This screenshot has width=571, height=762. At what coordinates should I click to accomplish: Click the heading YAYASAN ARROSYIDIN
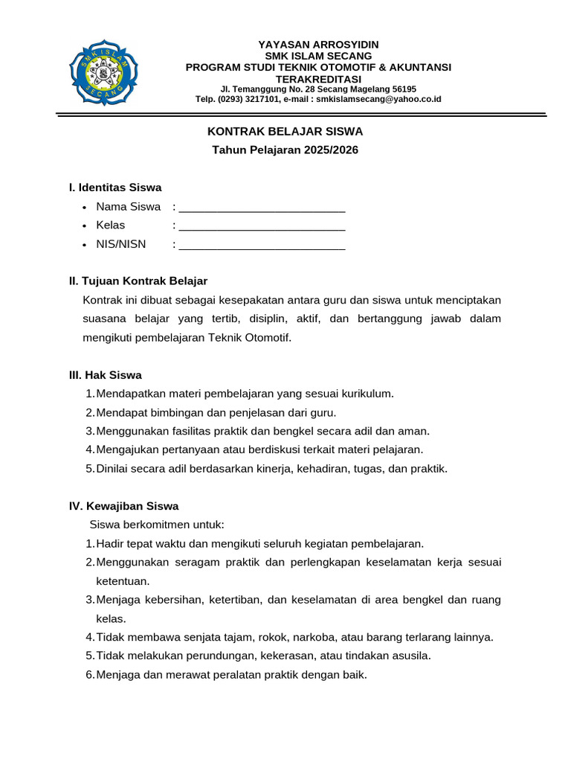point(318,45)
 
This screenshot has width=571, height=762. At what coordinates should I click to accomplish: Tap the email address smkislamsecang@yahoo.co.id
point(378,99)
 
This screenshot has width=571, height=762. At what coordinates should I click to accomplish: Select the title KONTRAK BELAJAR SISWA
point(285,132)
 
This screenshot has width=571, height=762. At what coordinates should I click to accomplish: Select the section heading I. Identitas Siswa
point(114,188)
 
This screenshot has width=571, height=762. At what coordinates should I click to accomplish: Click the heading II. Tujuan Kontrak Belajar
point(138,281)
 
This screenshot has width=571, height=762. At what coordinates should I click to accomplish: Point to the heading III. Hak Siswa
point(105,375)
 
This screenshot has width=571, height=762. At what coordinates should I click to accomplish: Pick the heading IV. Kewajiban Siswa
point(123,506)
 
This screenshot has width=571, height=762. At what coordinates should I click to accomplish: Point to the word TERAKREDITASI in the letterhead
point(318,79)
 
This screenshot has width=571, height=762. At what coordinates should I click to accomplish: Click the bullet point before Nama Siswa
point(86,208)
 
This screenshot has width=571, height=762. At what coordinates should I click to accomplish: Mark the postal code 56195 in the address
point(404,89)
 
